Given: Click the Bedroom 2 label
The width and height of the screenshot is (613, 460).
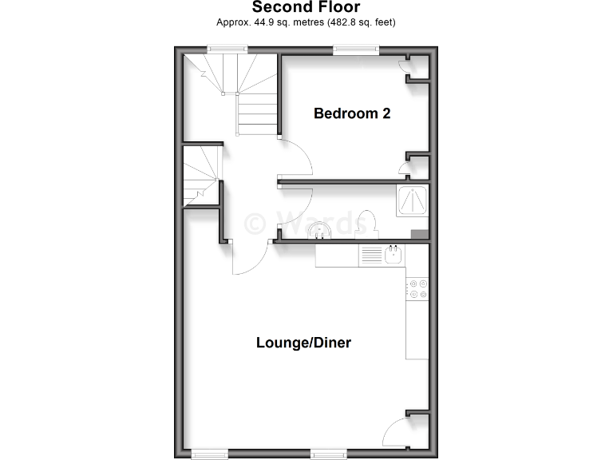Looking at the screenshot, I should click(x=352, y=113).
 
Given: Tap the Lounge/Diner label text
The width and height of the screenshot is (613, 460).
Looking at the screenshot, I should click(x=303, y=343).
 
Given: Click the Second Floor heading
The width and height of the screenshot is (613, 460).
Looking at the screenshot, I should click(x=306, y=7).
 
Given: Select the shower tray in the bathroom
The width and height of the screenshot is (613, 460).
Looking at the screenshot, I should click(x=413, y=201).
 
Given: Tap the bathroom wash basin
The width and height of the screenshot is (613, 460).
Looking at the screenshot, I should click(x=319, y=231).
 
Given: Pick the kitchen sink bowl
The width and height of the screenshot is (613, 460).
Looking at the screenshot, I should click(x=394, y=256).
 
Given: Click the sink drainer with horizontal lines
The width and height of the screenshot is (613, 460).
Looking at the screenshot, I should click(x=372, y=256).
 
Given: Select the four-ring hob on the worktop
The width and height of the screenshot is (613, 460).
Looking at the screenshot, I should click(x=417, y=288).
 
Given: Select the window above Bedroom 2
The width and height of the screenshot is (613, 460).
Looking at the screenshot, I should click(x=356, y=50).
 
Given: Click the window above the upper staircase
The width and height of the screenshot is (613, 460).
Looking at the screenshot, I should click(x=224, y=50).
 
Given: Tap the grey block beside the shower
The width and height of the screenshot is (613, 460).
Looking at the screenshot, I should click(x=419, y=234).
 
